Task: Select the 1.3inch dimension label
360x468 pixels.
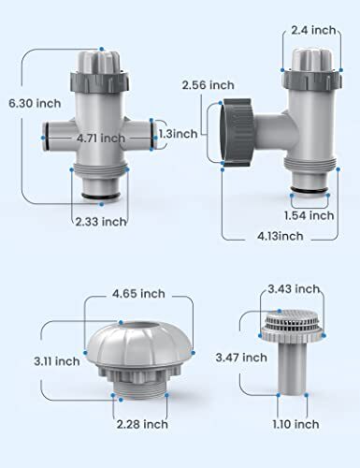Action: click(178, 134)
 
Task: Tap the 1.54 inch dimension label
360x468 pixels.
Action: click(308, 214)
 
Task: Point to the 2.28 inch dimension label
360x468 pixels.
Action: click(138, 430)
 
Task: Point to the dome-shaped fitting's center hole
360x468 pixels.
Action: click(126, 329)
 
